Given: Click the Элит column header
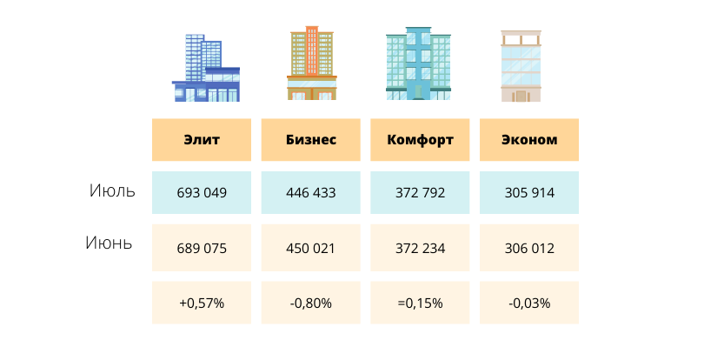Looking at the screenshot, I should tap(202, 139).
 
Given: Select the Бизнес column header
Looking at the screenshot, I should tap(311, 139).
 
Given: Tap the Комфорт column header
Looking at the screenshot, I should tap(421, 139).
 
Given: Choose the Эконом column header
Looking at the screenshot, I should tap(529, 139).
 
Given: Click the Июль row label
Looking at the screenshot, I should tap(112, 191).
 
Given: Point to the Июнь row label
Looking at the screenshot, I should tap(109, 243).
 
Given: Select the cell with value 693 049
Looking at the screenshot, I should tap(202, 193).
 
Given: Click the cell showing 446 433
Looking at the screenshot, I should tap(311, 193).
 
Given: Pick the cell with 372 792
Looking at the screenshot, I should tap(421, 193).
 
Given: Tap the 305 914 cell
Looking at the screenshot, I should tap(529, 193).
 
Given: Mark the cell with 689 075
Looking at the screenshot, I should tap(202, 249).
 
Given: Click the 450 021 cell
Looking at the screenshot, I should tap(311, 249).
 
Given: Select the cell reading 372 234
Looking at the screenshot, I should tap(421, 249).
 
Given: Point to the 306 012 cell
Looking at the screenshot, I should tap(529, 249).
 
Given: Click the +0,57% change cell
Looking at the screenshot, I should tap(202, 303).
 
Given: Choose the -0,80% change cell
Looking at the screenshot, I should tap(311, 303).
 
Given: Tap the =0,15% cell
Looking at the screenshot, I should tap(421, 303).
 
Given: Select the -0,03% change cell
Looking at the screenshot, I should tap(529, 303).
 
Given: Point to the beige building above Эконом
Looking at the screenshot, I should tap(521, 66).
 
